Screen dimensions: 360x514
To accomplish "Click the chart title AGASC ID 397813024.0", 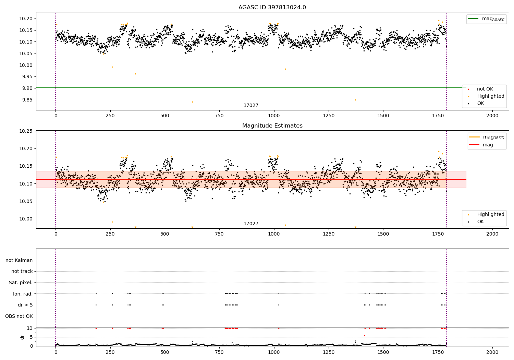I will [x=272, y=8].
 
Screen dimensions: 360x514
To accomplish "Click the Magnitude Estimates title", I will [x=272, y=126].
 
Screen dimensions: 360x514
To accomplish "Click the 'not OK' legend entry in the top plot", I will [x=485, y=89].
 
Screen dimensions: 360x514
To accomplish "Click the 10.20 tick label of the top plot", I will [x=26, y=19].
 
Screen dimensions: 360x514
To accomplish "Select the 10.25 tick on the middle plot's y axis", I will [x=26, y=131].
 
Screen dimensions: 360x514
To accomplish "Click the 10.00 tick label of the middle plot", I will [x=26, y=219].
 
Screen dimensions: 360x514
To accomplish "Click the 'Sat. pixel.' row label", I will [x=21, y=283].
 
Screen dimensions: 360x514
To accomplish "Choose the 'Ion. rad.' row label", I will [x=23, y=294].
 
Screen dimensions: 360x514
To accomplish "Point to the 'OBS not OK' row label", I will [x=19, y=316].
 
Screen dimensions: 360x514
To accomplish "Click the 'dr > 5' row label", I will [x=25, y=305].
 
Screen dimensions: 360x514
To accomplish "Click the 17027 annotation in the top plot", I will [x=251, y=106].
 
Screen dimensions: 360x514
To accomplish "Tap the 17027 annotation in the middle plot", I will [x=251, y=224].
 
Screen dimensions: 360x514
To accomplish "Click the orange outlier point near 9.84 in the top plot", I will [x=192, y=102].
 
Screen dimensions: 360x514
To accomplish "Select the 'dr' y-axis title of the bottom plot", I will [x=22, y=337].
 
